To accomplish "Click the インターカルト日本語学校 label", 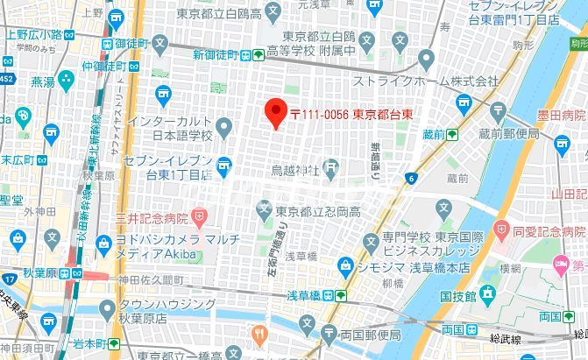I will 169,129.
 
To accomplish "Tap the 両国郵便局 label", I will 371,335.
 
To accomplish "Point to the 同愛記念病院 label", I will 550,232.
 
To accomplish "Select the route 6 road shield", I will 410,179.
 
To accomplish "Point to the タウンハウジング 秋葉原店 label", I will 166,311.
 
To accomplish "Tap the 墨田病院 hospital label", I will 562,115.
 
